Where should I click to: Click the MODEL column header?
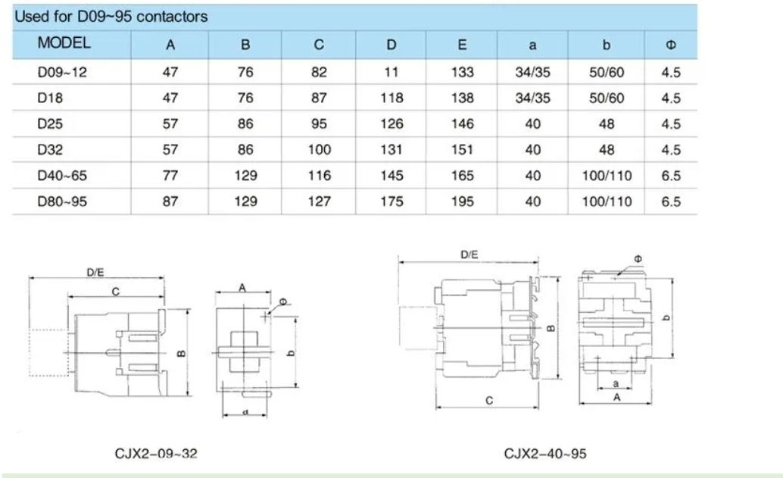point(64,43)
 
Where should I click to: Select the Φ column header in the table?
point(671,45)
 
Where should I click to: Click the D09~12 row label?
point(62,73)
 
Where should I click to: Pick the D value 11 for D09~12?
point(391,73)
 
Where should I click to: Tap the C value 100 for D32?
point(319,150)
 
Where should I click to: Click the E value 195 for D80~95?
point(462,202)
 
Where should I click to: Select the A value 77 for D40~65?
point(170,176)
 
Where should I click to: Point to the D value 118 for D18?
point(391,98)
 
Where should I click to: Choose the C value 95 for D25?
point(319,124)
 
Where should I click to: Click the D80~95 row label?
point(62,202)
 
